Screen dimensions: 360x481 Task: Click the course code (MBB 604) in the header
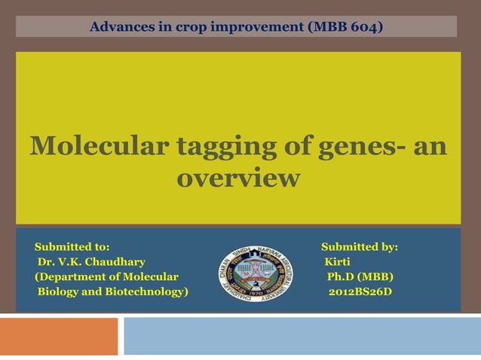(x=345, y=28)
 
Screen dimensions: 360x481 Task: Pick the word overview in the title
(x=237, y=179)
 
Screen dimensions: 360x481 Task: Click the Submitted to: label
(x=72, y=247)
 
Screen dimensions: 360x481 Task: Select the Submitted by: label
(x=360, y=247)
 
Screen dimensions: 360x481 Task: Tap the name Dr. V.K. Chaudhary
(x=91, y=262)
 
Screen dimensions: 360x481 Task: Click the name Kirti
(x=337, y=262)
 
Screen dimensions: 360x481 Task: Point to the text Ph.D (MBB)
(x=360, y=276)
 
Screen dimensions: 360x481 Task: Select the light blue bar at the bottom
(x=302, y=336)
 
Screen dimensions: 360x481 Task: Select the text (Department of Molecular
(x=106, y=276)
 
